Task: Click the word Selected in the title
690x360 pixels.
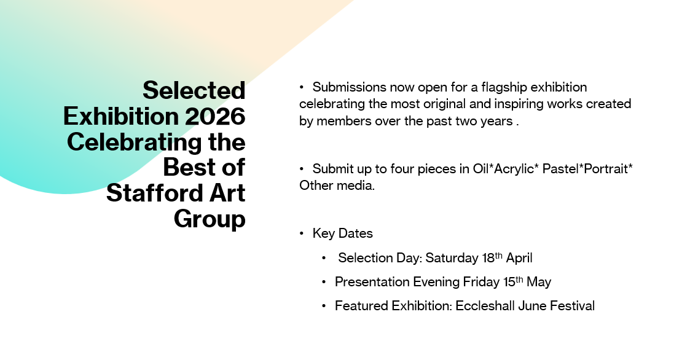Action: point(194,90)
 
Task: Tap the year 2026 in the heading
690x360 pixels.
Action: point(215,116)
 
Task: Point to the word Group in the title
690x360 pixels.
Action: point(210,219)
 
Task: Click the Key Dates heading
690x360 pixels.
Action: point(342,233)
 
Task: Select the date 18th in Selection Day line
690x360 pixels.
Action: point(492,257)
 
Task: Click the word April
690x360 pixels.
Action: point(519,258)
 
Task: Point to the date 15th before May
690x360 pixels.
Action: point(513,281)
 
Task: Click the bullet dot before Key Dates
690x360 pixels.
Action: point(302,233)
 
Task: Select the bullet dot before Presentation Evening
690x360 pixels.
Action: point(324,281)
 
